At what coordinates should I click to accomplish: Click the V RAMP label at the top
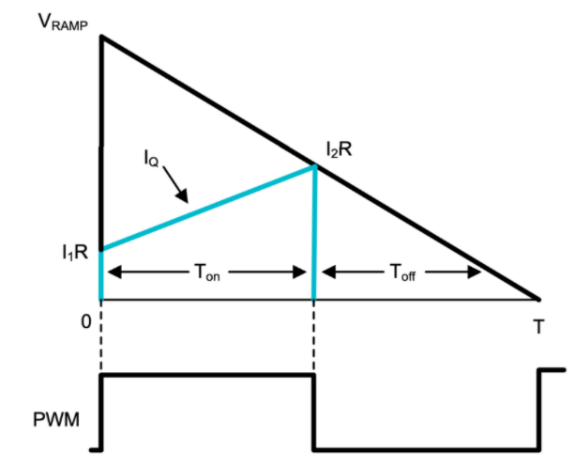[x=61, y=21]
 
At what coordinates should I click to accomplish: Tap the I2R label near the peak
[x=338, y=148]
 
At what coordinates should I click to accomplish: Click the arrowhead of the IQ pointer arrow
[x=186, y=198]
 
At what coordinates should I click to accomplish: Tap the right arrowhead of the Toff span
[x=477, y=272]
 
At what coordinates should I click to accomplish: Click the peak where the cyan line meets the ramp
[x=313, y=166]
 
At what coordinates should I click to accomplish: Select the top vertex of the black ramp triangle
[x=101, y=38]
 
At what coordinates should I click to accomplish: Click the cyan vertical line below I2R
[x=313, y=235]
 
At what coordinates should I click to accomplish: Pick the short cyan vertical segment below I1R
[x=101, y=274]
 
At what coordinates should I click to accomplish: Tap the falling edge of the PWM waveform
[x=313, y=412]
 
